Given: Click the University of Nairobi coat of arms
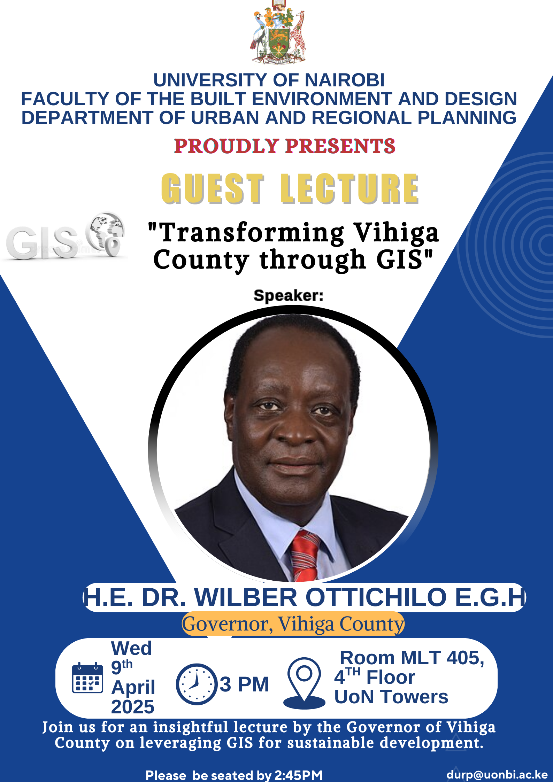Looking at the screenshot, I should point(278,33).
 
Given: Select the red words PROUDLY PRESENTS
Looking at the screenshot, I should point(285,146).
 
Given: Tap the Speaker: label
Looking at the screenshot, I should point(288,295).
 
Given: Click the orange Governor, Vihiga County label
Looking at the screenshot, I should point(293,624).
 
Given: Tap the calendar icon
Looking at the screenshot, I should point(87,678).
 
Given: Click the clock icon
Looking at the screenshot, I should point(197,684).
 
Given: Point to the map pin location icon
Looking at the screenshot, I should point(304,683).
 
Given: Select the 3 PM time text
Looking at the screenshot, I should point(244,684).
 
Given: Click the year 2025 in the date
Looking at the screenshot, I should point(133,706).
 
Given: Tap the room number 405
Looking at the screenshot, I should point(465,658).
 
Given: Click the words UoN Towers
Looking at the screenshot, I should point(391,697).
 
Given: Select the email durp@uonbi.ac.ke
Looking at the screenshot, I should point(497,774).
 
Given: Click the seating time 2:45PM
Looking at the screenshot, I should point(298,775).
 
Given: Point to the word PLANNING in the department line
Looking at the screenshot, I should point(467,118).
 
